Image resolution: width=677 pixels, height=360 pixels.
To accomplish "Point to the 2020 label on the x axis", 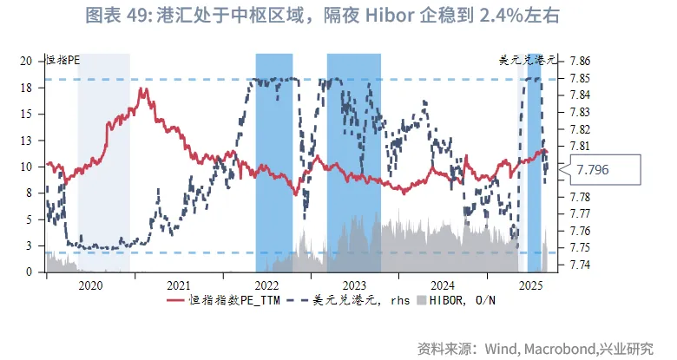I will [x=89, y=285].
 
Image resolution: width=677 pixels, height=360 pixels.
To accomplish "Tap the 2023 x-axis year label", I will [x=354, y=285].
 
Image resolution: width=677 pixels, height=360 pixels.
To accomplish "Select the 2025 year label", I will [x=529, y=285].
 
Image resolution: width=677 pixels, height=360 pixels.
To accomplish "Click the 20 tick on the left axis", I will [x=27, y=61].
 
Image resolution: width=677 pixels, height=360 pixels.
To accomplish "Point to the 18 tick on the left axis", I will [x=27, y=88].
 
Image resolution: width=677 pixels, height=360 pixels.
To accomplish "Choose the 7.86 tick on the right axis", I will [x=581, y=61].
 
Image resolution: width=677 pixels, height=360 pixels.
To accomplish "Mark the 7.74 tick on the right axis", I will [x=581, y=264].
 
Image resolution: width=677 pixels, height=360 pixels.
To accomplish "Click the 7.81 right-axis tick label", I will [x=581, y=146].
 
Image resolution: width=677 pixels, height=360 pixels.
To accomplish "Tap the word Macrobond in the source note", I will [x=556, y=349].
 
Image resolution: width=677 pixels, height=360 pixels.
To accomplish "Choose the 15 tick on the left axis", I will [x=27, y=114].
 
